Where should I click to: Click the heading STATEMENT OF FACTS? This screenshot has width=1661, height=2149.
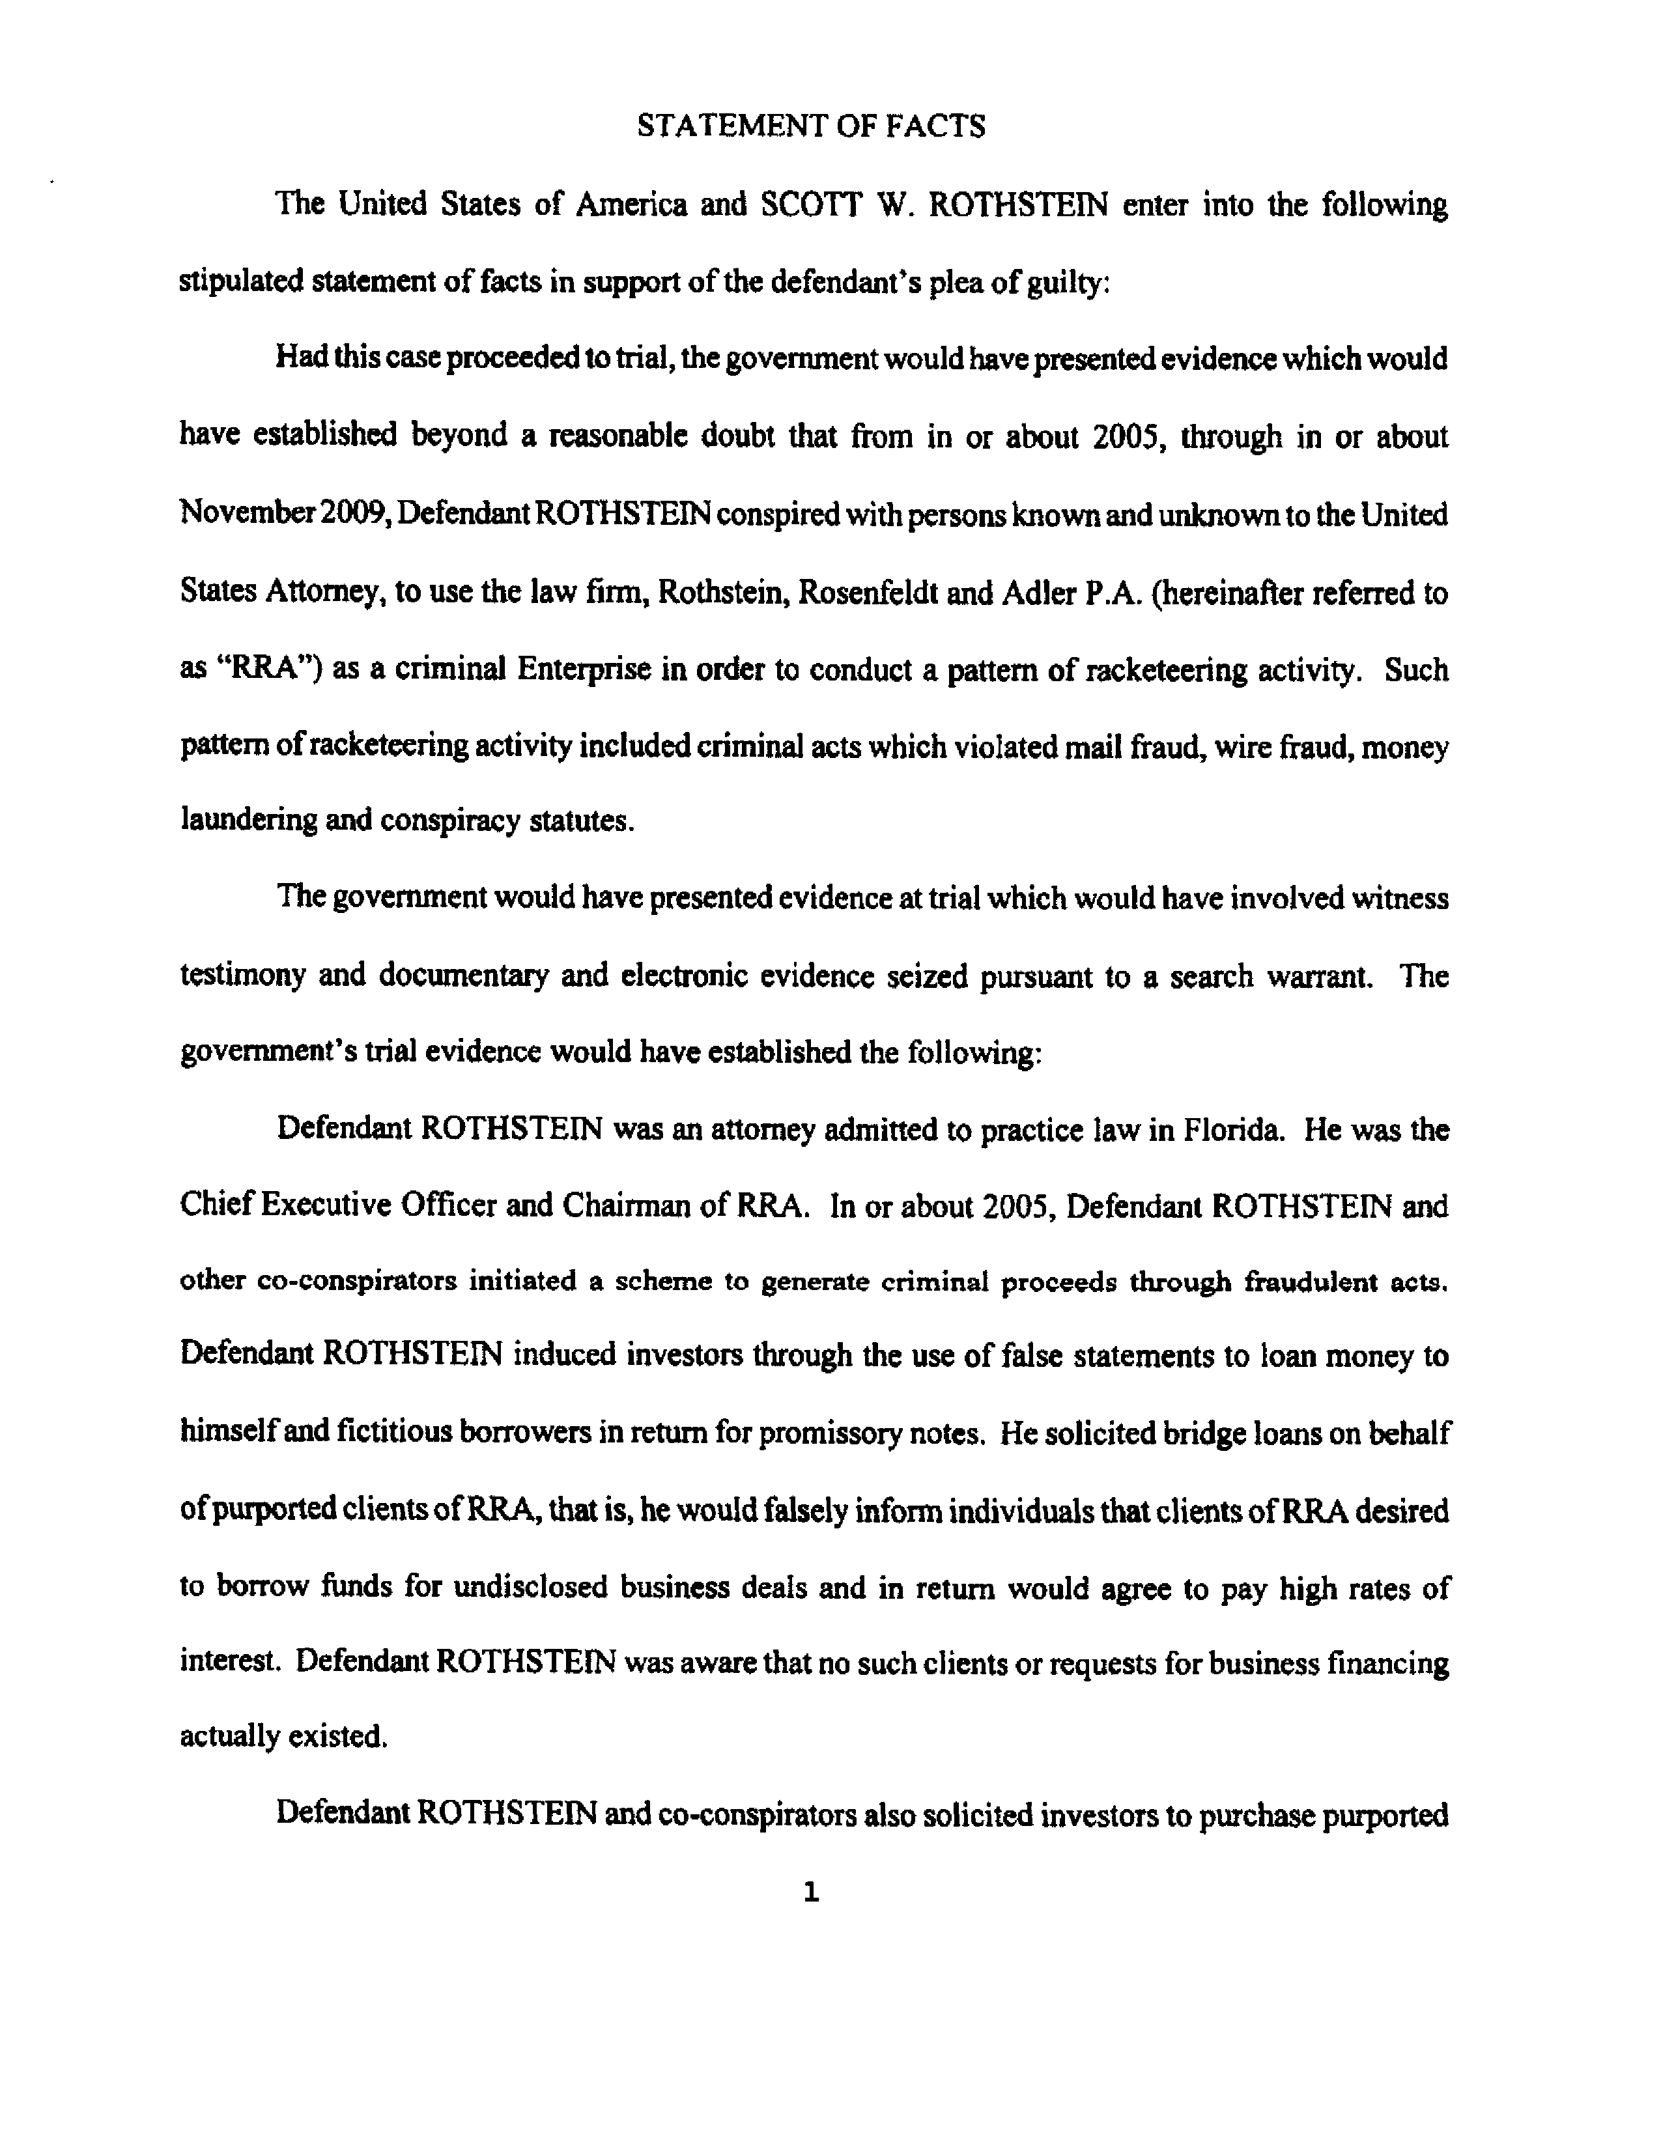click(x=811, y=126)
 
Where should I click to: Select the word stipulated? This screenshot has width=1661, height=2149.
click(x=240, y=283)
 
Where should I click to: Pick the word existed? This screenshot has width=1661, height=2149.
click(x=335, y=1737)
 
